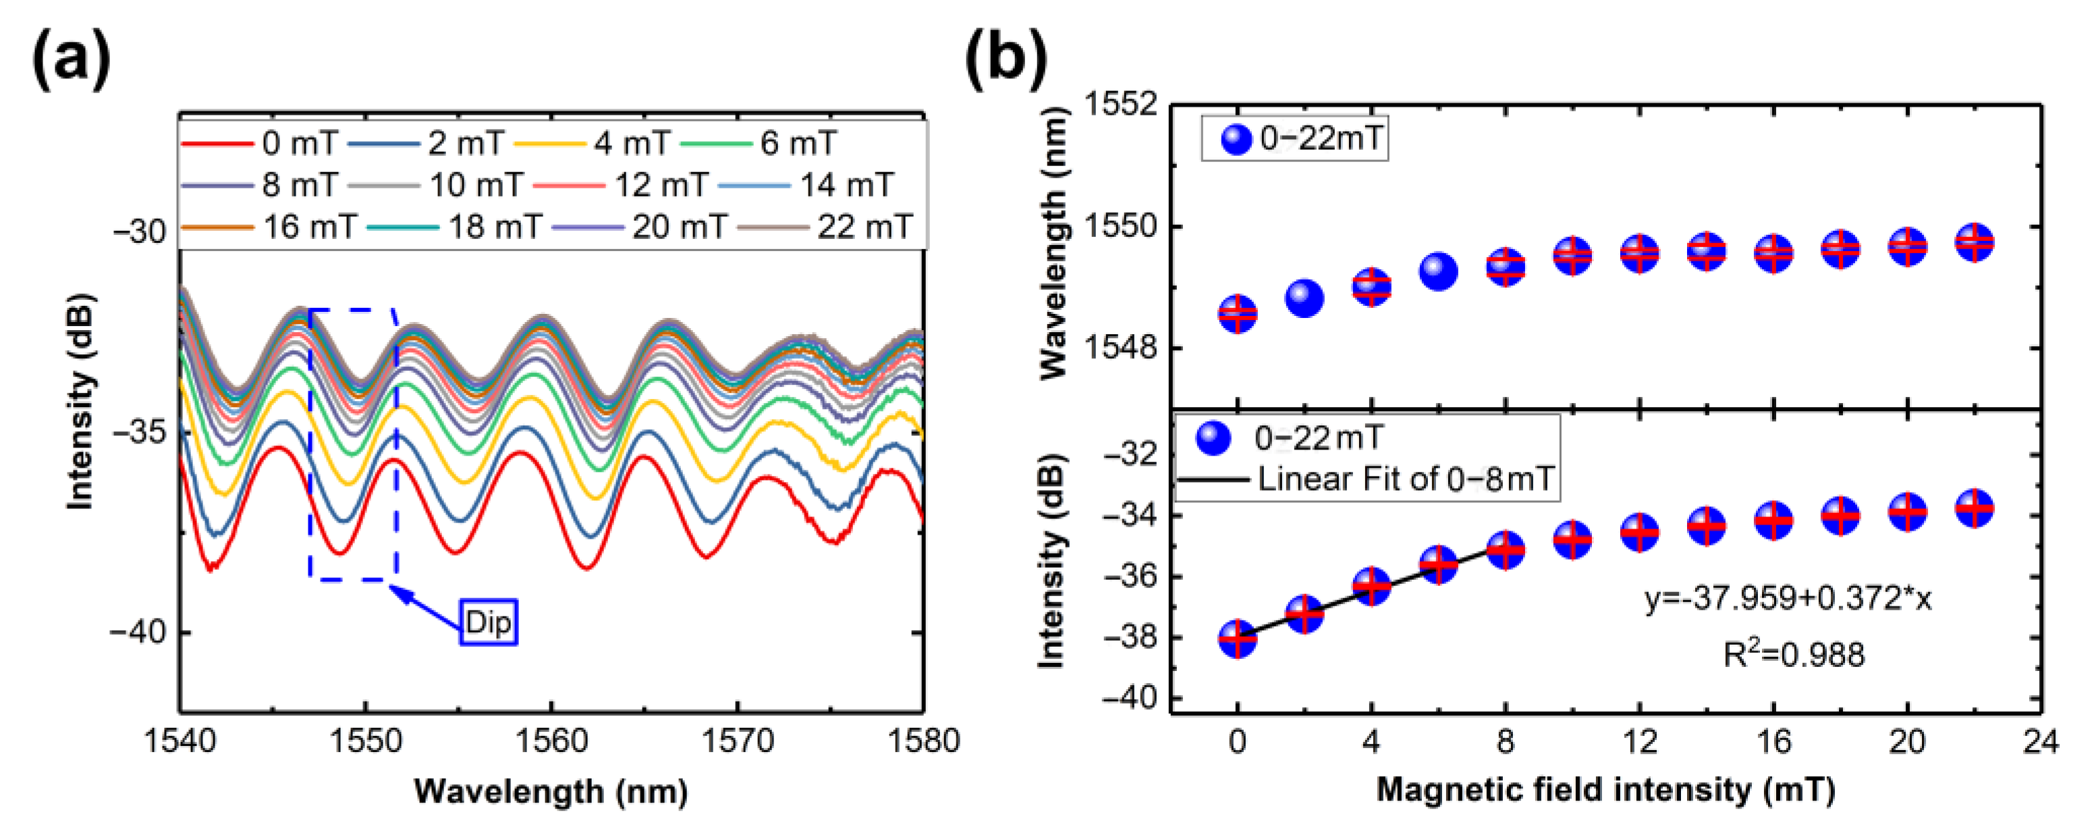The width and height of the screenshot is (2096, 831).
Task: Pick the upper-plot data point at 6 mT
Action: tap(1438, 271)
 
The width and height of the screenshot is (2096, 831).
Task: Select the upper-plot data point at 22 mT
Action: tap(1973, 242)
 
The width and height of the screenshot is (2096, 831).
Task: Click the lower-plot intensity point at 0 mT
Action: tap(1238, 639)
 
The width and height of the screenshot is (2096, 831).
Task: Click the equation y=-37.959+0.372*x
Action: tap(1788, 599)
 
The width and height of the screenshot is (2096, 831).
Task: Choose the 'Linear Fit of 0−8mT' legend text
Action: tap(1406, 479)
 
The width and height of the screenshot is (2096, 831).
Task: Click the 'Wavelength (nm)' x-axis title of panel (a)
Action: tap(551, 791)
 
